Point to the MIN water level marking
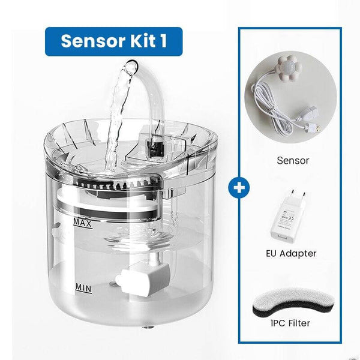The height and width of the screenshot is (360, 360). (83, 287)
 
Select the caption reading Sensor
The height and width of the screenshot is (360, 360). (293, 161)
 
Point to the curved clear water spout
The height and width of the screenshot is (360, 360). (155, 90)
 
